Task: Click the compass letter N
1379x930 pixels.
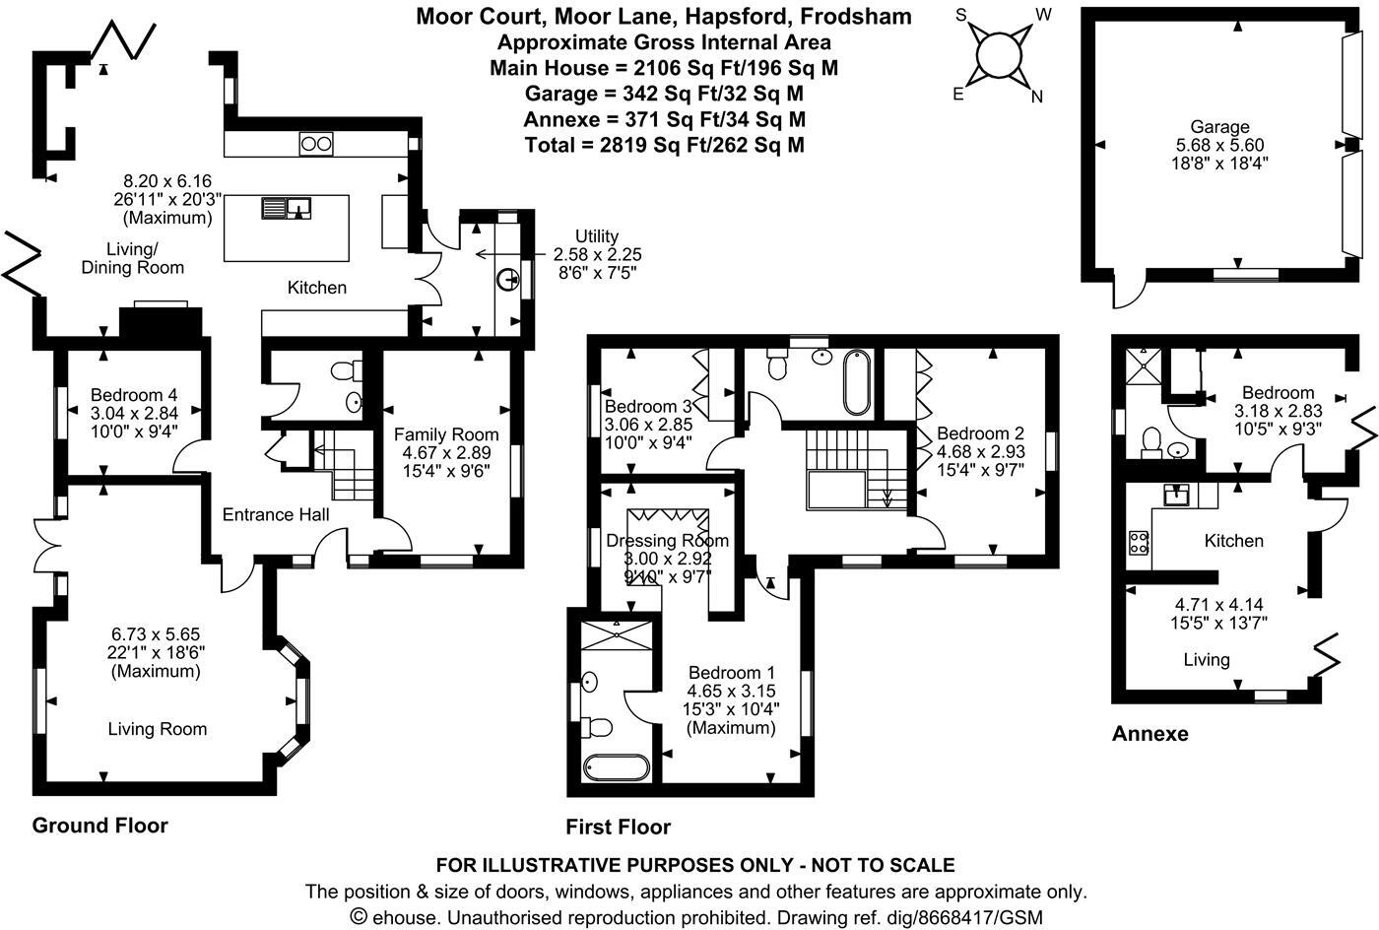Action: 1036,97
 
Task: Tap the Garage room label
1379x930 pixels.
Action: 1219,127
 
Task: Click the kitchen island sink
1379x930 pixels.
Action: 287,207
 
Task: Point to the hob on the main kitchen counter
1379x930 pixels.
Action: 315,144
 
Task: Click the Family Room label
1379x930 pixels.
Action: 446,434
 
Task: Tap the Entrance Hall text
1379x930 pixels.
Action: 276,514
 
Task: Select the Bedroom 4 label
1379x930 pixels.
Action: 133,392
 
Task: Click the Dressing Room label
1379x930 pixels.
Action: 668,540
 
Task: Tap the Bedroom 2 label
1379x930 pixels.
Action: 980,433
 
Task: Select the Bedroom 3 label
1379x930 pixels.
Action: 648,407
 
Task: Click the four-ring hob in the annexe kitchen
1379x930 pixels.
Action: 1139,541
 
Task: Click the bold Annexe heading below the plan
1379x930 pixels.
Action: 1149,734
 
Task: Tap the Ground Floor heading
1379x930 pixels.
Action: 100,826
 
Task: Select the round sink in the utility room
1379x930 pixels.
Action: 509,280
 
